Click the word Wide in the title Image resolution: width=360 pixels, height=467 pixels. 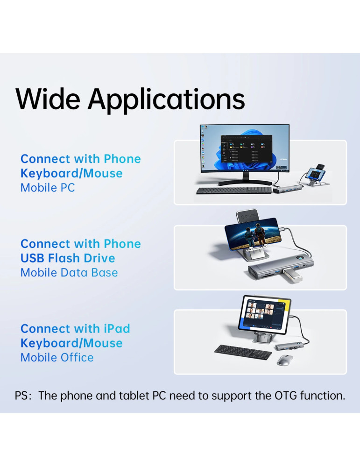pos(49,99)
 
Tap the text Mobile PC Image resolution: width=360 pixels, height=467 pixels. pos(48,188)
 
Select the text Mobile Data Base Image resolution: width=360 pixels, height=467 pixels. pos(69,273)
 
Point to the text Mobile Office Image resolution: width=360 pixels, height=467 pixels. pos(57,358)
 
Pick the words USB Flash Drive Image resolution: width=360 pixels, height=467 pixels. pos(68,258)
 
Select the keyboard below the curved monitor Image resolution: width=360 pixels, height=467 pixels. pos(233,191)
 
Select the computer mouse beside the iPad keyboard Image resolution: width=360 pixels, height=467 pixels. pos(285,360)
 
